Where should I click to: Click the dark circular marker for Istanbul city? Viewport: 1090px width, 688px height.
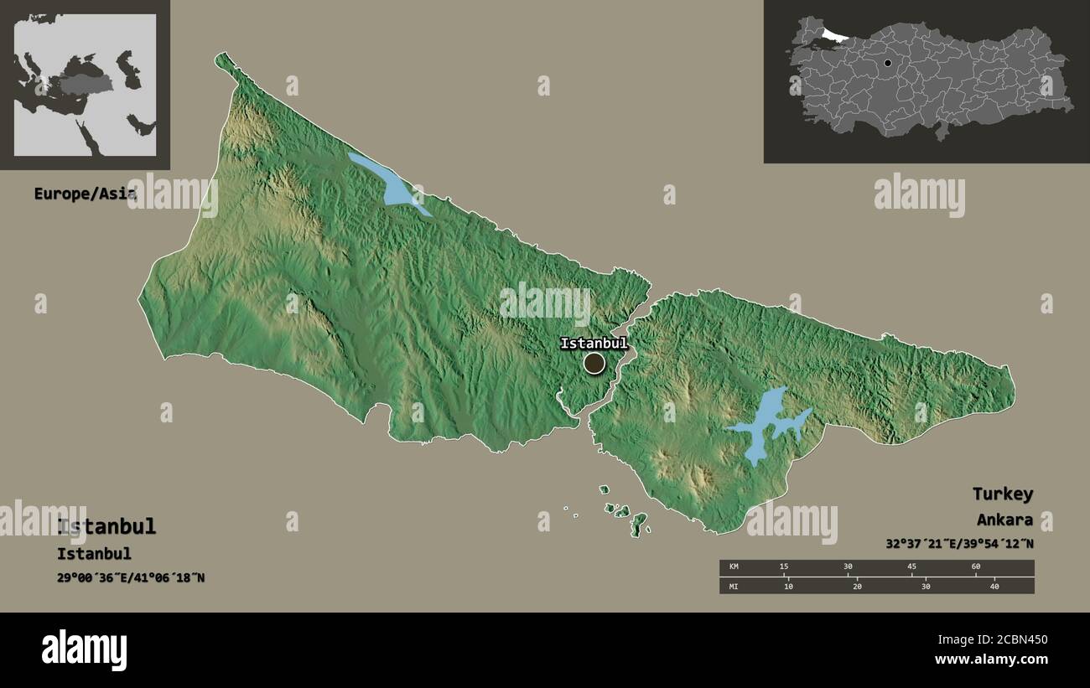(594, 363)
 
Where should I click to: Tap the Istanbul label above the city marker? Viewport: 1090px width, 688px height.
(593, 344)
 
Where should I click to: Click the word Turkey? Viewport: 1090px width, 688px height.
(1002, 494)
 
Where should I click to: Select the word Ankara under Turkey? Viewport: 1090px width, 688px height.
(1004, 520)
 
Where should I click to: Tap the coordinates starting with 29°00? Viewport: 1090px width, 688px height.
(131, 578)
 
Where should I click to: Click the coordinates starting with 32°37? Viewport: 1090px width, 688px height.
(959, 543)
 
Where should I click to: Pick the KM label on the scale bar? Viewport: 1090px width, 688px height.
(734, 567)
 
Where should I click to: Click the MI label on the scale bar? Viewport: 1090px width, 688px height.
(734, 587)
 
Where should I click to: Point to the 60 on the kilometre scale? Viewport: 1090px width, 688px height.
(976, 567)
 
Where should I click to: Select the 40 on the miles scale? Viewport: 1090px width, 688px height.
(994, 587)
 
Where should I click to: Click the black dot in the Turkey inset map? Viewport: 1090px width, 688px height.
(887, 63)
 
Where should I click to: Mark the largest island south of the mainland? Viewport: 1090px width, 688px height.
(639, 525)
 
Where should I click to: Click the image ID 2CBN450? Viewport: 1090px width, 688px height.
(1004, 640)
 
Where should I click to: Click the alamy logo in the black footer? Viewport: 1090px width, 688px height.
(84, 650)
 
